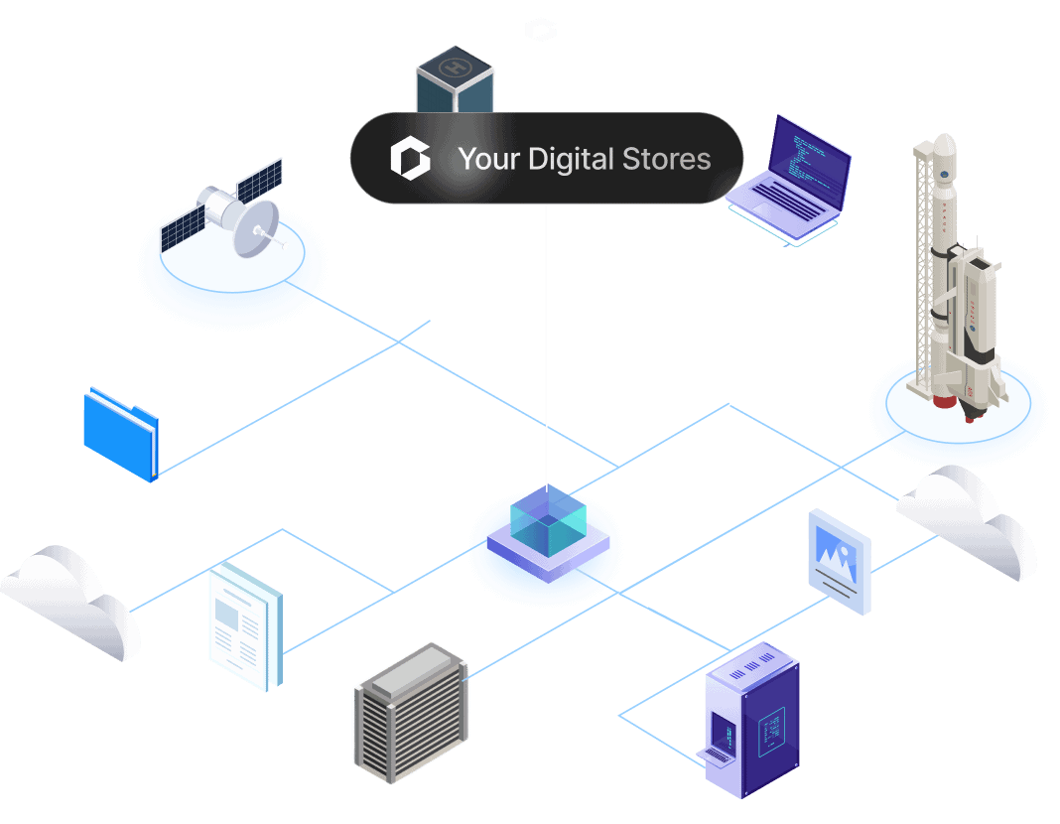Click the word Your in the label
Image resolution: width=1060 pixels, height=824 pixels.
click(x=488, y=159)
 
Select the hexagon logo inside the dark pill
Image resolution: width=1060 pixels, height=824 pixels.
click(x=410, y=159)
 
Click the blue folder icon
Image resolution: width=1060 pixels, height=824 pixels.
click(x=121, y=434)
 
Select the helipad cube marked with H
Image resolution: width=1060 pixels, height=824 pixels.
click(x=455, y=79)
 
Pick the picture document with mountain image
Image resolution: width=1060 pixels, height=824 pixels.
click(x=840, y=560)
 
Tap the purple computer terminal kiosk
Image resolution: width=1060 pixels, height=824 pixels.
click(x=752, y=720)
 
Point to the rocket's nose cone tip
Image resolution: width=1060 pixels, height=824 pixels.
click(x=945, y=139)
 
